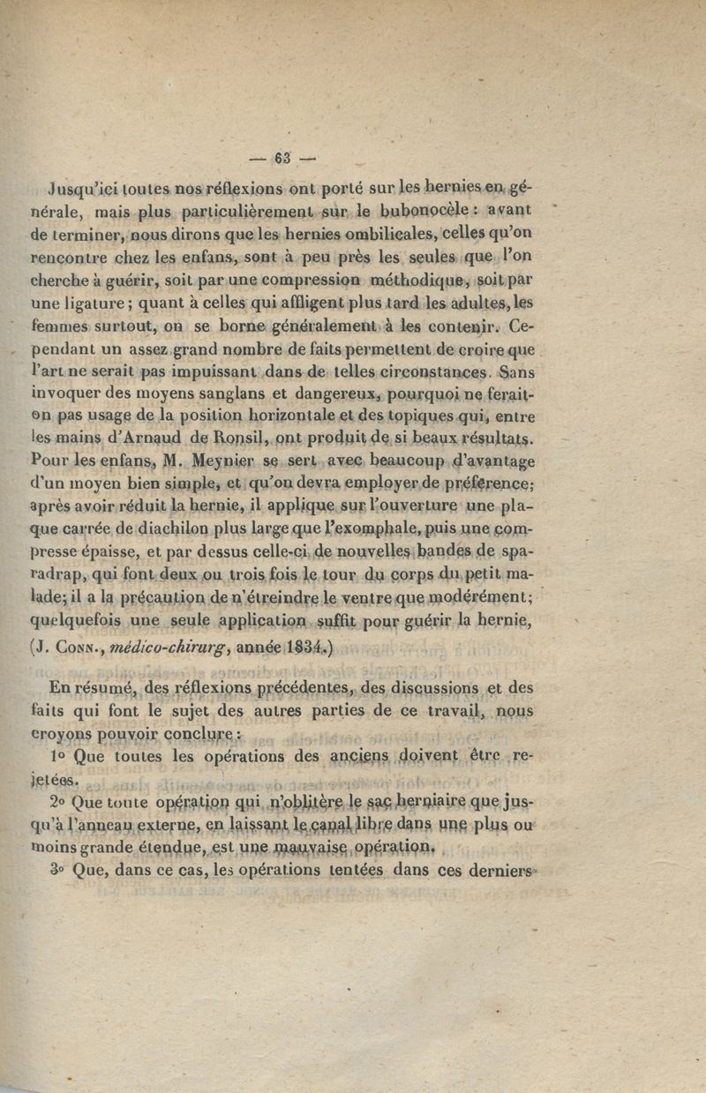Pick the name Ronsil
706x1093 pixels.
[225, 436]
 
